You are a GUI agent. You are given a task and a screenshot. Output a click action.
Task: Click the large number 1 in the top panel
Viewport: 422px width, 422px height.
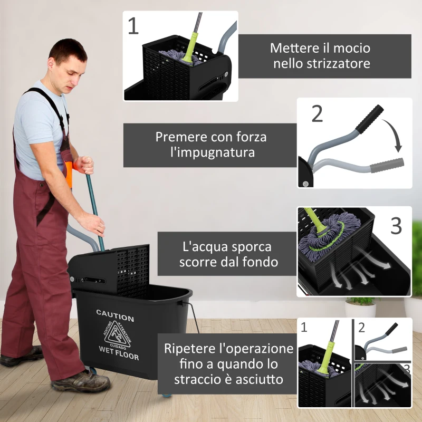coord(133,26)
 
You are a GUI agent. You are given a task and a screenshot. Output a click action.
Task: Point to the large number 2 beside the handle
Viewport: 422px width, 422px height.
coord(317,114)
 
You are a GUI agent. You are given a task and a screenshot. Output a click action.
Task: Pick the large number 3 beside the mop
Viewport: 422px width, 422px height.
coord(396,225)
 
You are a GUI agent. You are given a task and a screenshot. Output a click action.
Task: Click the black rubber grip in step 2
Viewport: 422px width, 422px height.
coord(369,119)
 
